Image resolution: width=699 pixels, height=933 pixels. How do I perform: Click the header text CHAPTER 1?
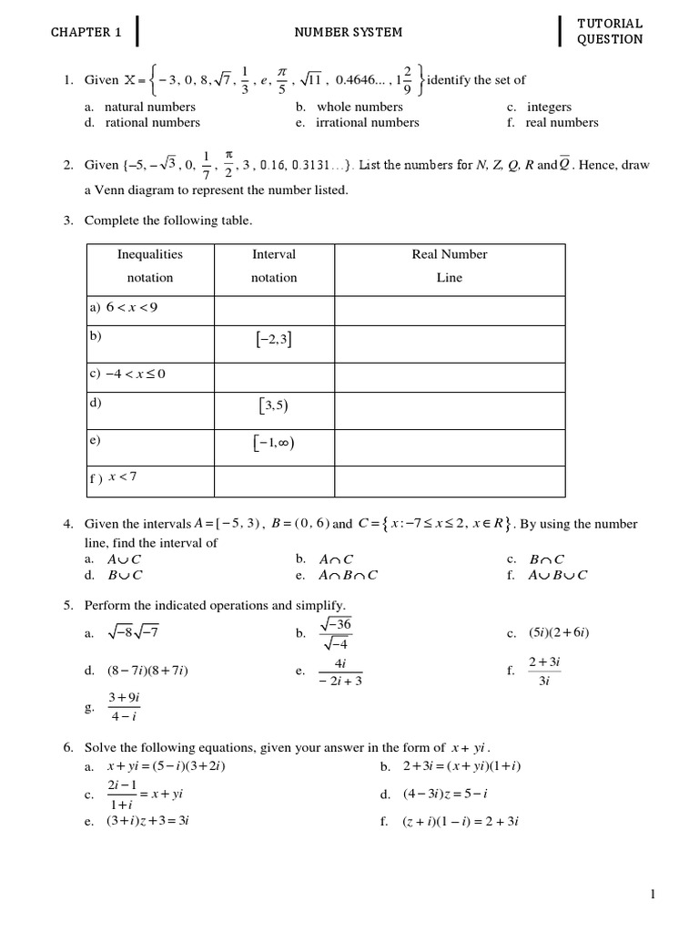[x=86, y=32]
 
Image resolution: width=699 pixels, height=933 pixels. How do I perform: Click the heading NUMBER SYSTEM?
[x=348, y=32]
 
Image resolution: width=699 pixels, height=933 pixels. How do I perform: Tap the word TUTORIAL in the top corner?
[x=610, y=23]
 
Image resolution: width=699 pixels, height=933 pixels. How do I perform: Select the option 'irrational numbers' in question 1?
[x=367, y=122]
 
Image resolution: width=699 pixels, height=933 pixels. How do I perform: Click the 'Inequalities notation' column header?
[x=149, y=265]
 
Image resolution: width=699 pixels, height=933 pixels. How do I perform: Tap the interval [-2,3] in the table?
[x=274, y=340]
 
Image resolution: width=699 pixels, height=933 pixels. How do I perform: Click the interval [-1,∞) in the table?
[x=274, y=444]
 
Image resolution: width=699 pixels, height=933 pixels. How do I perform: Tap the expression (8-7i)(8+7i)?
[x=147, y=672]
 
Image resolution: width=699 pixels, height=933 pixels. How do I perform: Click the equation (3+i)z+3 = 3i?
[x=147, y=821]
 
